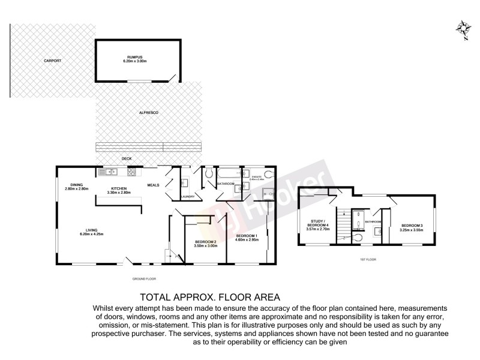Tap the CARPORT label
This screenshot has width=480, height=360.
pyautogui.click(x=52, y=61)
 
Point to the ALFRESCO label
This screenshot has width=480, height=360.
pyautogui.click(x=148, y=113)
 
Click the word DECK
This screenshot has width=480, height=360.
pyautogui.click(x=127, y=159)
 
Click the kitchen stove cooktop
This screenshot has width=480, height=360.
pyautogui.click(x=130, y=173)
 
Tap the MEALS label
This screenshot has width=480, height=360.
pyautogui.click(x=154, y=185)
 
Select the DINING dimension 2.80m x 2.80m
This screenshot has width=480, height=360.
pyautogui.click(x=77, y=189)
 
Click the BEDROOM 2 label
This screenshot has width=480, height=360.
pyautogui.click(x=205, y=241)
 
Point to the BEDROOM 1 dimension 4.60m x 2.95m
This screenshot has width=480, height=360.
pyautogui.click(x=247, y=239)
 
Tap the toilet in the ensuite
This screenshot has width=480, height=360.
pyautogui.click(x=268, y=174)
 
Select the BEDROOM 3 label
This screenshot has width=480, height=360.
pyautogui.click(x=412, y=225)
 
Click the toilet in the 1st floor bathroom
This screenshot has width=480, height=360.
pyautogui.click(x=358, y=236)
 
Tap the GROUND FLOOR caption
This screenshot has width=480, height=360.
pyautogui.click(x=145, y=279)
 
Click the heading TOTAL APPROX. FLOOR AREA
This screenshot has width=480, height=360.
pyautogui.click(x=209, y=296)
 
